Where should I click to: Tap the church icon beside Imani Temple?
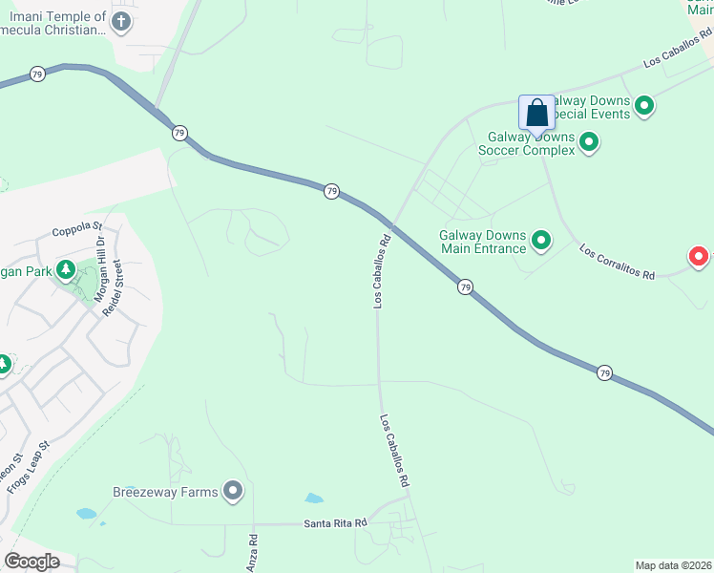click(121, 21)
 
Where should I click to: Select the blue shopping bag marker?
click(537, 113)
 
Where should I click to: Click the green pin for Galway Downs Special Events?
click(644, 106)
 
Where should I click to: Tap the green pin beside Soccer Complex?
click(589, 143)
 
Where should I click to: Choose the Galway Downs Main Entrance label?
click(482, 242)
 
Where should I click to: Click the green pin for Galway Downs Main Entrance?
click(541, 241)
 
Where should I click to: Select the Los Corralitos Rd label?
click(617, 262)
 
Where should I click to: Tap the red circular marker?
click(699, 256)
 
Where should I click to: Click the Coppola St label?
click(76, 228)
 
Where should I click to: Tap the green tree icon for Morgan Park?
click(66, 270)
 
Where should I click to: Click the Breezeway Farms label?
click(166, 492)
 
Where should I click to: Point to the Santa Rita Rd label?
click(335, 523)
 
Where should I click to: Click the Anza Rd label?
click(253, 552)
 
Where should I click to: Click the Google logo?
click(31, 561)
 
